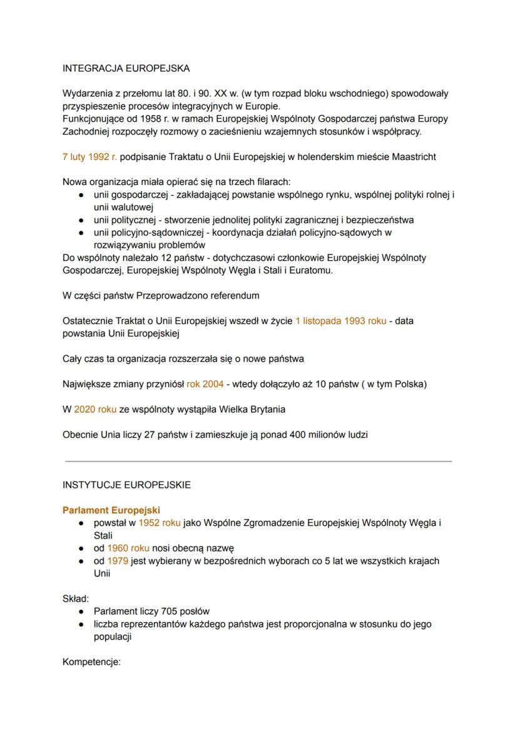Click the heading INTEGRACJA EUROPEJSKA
coord(126,68)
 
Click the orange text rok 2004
coord(205,384)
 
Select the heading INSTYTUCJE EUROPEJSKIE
coord(126,485)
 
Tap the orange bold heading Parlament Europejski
coord(111,510)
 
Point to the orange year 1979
coord(118,560)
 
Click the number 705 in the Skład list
coord(171,611)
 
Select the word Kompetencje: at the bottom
coord(91,662)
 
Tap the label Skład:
coord(76,598)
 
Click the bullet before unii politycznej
coord(82,220)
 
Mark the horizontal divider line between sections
coord(258,461)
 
